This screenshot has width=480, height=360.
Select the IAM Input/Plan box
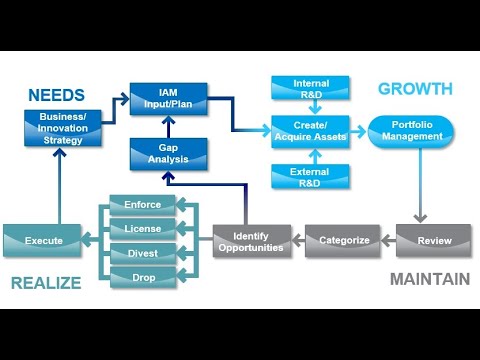(168, 99)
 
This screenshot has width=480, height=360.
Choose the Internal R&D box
(311, 88)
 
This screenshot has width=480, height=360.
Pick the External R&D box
(311, 177)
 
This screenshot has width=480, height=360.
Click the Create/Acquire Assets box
(311, 131)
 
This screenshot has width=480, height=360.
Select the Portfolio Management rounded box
(411, 131)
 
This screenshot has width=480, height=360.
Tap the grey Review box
(432, 240)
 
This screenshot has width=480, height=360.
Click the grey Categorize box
(343, 240)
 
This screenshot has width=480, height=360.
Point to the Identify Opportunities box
(251, 240)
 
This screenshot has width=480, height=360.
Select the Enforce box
(141, 205)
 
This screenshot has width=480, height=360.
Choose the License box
(141, 229)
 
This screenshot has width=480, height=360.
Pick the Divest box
(141, 252)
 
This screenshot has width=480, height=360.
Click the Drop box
(141, 276)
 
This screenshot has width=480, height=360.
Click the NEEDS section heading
(56, 96)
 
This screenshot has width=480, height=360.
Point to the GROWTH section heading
(414, 89)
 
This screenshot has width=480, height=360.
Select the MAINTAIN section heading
(429, 279)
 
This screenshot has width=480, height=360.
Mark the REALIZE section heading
(46, 283)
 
